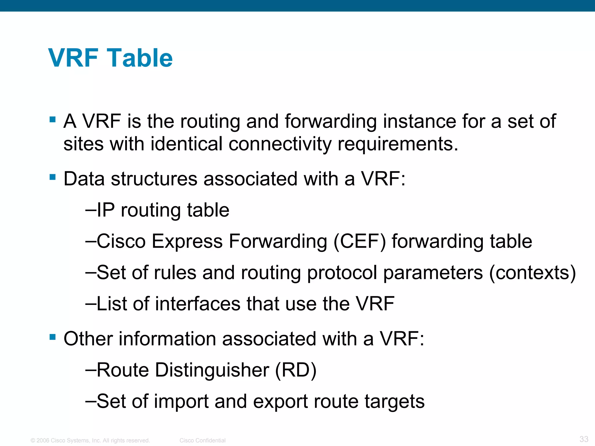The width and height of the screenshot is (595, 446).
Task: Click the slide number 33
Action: click(584, 439)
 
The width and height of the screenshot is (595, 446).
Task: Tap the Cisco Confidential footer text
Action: click(202, 440)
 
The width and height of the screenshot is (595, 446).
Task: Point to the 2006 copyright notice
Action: click(90, 440)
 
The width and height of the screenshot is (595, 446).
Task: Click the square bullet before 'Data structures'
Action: click(53, 177)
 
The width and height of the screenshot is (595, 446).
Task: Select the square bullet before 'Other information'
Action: click(53, 337)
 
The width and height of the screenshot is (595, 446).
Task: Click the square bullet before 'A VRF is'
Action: click(53, 119)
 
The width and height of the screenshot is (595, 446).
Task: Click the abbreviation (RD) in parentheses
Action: click(295, 370)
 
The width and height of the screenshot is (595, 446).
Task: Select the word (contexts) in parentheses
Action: click(533, 273)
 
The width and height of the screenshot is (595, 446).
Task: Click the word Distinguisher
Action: click(212, 370)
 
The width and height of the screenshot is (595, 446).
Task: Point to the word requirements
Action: click(397, 144)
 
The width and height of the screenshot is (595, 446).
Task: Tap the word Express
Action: click(187, 241)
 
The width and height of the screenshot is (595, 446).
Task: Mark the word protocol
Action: click(342, 273)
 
